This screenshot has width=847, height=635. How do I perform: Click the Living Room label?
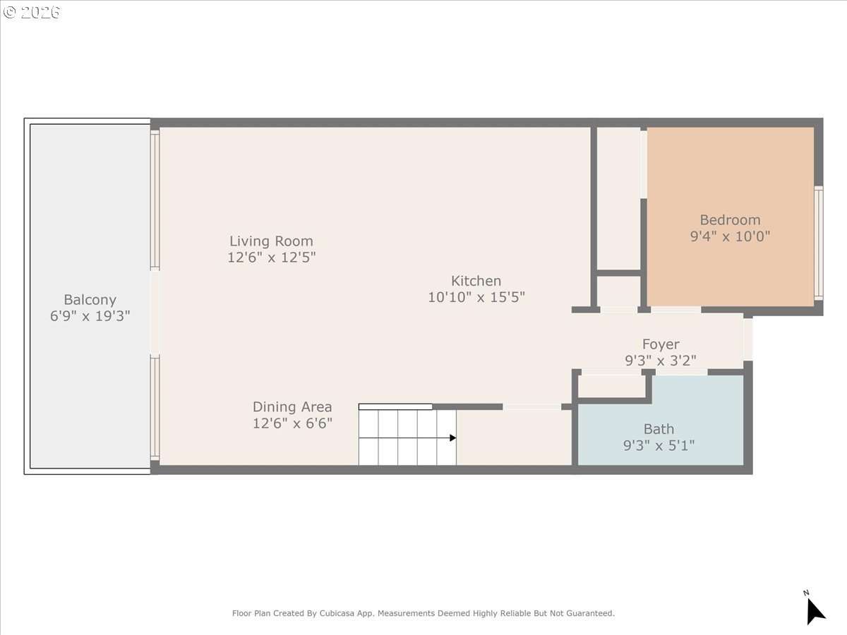(271, 241)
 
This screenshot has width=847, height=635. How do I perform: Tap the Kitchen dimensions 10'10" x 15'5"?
(476, 297)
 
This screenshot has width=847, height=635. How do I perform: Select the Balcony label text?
(90, 300)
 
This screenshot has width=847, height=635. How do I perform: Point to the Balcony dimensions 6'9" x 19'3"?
(90, 316)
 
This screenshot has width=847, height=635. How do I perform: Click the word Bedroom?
(730, 220)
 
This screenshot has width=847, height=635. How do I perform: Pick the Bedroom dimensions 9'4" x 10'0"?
(730, 236)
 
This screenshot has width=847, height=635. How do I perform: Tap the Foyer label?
(661, 344)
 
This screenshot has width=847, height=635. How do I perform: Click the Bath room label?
(659, 429)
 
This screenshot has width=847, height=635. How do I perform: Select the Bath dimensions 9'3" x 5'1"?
(659, 445)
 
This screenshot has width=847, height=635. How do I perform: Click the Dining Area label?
(292, 407)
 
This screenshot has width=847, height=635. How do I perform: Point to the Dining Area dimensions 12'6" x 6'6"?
(292, 423)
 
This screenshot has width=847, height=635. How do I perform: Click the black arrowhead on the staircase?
(452, 438)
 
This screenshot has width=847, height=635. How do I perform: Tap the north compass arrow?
(815, 610)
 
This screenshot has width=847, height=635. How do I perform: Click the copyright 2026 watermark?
(32, 13)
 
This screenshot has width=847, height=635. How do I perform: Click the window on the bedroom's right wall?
(818, 243)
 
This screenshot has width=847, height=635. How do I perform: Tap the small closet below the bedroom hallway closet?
(618, 291)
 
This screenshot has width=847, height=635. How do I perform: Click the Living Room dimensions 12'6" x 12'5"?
(271, 258)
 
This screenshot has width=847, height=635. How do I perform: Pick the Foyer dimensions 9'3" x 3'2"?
(661, 361)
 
